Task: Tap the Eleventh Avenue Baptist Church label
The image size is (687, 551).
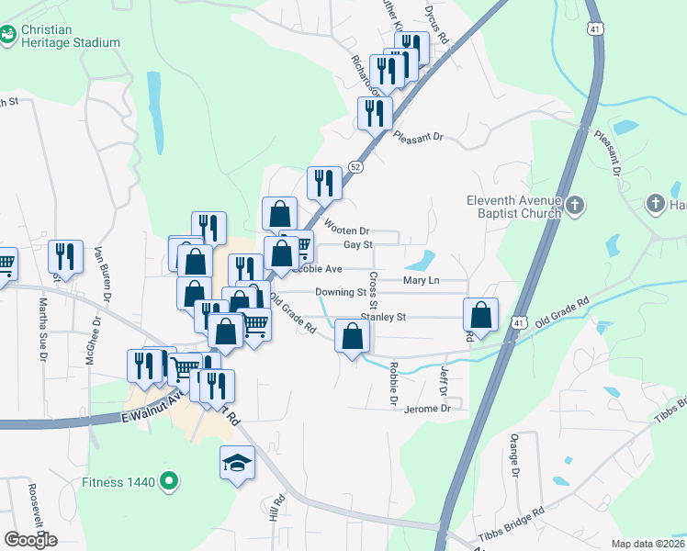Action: coord(512,208)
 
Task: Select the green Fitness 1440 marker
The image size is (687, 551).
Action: coord(168,480)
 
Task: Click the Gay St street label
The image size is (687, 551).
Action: coord(357,245)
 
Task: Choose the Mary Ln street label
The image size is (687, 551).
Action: coord(422,279)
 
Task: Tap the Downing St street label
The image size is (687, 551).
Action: coord(341,292)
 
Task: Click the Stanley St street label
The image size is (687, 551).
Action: coord(383,317)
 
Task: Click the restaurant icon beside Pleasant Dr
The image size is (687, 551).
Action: coord(375,113)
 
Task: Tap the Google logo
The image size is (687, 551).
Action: coord(30,540)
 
